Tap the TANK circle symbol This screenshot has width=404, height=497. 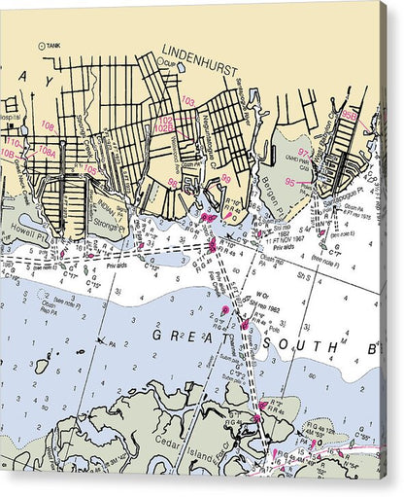point(41,46)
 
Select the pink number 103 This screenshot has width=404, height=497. point(188,101)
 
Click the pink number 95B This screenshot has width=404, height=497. point(350,115)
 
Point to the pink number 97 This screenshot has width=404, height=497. point(303,153)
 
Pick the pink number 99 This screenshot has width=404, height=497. point(226,178)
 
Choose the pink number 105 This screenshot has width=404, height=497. point(90,170)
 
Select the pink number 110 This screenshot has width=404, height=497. point(12,142)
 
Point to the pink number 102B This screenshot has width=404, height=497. point(164,127)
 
